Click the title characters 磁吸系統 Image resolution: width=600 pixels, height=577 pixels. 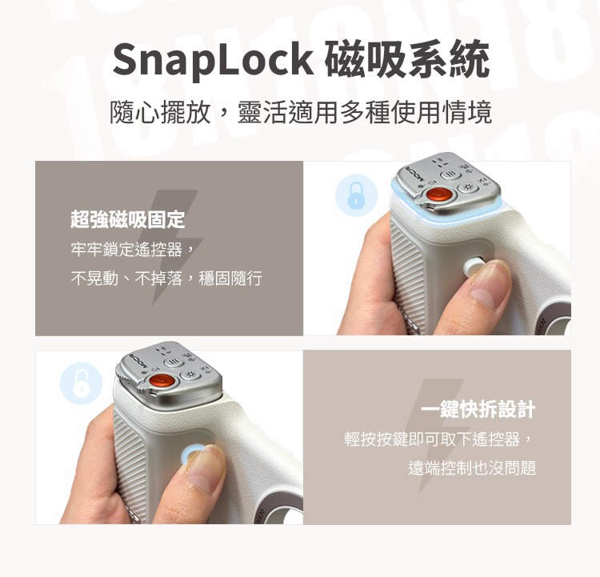407,59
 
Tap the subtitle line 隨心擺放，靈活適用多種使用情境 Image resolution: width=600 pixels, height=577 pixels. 300,112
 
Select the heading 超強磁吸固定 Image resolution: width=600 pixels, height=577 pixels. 128,219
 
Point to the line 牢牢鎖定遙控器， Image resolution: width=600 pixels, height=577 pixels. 133,250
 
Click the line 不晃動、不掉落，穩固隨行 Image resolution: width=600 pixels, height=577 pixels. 166,278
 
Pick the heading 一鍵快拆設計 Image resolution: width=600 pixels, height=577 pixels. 478,409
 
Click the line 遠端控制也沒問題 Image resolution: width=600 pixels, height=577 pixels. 472,467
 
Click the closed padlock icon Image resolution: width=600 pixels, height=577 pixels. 356,195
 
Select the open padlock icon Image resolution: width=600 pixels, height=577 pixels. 82,383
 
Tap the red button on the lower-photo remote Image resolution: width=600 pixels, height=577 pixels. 162,381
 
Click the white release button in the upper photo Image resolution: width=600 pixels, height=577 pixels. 472,266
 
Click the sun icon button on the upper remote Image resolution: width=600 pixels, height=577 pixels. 468,187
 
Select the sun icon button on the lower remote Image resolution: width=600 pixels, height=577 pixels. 190,374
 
